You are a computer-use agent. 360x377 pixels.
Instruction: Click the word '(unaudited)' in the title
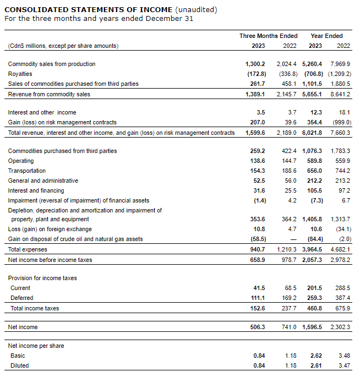coord(195,9)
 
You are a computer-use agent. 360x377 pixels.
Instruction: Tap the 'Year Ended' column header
coord(326,36)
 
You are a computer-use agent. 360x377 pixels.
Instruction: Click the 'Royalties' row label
coord(20,74)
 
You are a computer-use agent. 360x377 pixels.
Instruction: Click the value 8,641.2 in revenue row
coord(340,94)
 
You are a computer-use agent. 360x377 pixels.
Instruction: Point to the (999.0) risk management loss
coord(340,122)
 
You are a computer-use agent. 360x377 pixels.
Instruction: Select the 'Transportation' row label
coord(25,171)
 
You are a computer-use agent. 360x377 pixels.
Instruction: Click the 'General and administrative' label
coord(43,181)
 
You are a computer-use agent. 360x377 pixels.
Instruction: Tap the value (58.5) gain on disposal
coord(256,239)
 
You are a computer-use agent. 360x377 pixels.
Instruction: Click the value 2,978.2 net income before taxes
coord(340,259)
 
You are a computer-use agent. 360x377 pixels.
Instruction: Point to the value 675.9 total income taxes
coord(342,308)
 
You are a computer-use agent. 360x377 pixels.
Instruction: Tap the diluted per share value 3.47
coord(344,365)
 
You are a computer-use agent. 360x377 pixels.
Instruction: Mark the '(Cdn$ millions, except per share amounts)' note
coord(63,46)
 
